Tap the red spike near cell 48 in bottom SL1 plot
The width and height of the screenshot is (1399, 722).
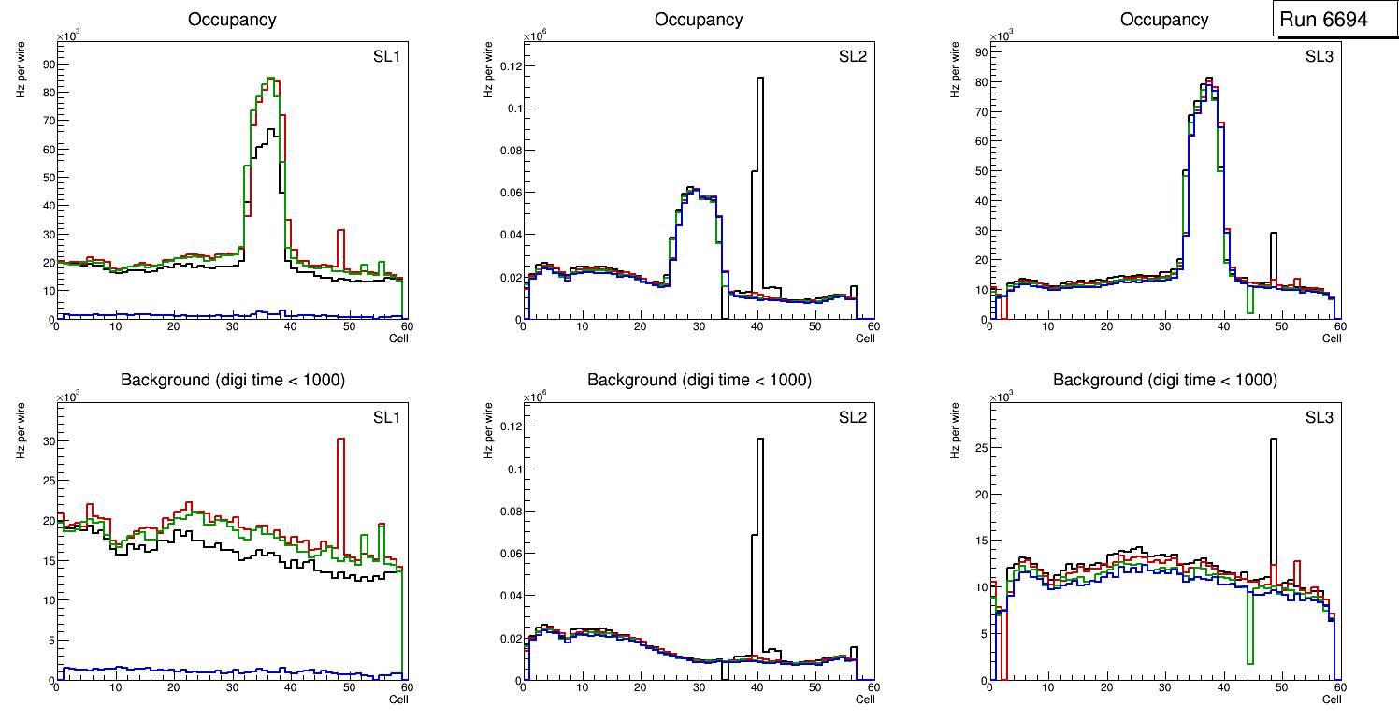tap(341, 486)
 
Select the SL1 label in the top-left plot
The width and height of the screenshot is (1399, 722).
tap(386, 57)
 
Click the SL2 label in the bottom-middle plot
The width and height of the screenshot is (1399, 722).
tap(853, 417)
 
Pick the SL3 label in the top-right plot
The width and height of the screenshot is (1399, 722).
tap(1320, 57)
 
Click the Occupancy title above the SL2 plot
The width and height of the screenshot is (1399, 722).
tap(699, 19)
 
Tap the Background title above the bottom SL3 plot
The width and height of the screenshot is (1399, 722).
tap(1164, 380)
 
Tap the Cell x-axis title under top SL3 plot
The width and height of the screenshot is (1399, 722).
tap(1332, 339)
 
